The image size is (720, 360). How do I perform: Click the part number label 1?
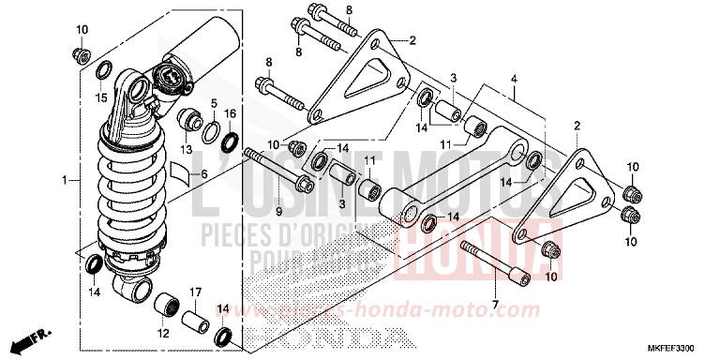tap(64, 178)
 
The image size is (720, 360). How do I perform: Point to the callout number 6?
tap(204, 175)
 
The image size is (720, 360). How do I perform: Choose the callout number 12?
tap(163, 333)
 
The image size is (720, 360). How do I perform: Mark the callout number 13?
tap(186, 149)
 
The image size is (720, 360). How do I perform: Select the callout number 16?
tap(231, 114)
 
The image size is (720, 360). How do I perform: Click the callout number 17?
tap(197, 292)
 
